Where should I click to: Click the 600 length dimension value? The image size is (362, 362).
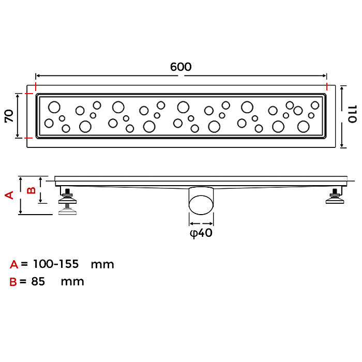[181, 67]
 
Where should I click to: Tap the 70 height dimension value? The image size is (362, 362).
[9, 116]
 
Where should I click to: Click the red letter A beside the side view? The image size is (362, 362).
[9, 195]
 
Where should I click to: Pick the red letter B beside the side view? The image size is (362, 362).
[31, 190]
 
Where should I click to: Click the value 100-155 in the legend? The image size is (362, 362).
[56, 264]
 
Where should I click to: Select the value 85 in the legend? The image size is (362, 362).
[38, 282]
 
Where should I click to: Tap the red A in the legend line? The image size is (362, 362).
[14, 265]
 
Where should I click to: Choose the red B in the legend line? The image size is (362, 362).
[13, 282]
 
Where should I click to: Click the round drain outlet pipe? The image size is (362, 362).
[201, 200]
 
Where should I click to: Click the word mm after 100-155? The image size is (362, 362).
[102, 264]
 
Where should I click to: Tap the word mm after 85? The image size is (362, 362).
[72, 282]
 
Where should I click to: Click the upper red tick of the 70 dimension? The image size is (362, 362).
[29, 94]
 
